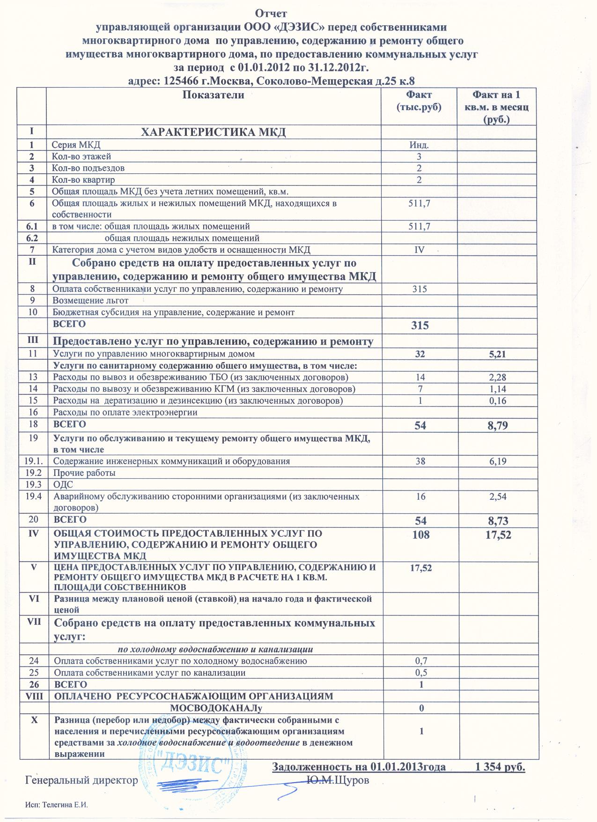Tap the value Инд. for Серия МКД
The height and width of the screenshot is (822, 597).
click(x=420, y=145)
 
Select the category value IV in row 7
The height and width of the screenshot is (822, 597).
click(x=420, y=250)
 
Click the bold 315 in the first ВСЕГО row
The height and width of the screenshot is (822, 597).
click(x=420, y=325)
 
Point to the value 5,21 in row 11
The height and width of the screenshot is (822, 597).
click(x=497, y=355)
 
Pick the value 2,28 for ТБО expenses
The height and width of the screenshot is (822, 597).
click(x=498, y=378)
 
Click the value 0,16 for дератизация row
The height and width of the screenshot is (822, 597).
click(x=498, y=401)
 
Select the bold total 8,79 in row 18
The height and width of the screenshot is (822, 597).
click(x=498, y=425)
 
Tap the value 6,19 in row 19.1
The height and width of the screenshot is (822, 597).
click(x=498, y=461)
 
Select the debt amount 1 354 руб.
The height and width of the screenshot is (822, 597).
click(x=500, y=767)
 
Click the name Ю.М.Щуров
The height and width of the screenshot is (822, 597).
click(x=337, y=780)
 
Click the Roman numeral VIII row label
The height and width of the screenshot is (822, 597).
click(x=33, y=696)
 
